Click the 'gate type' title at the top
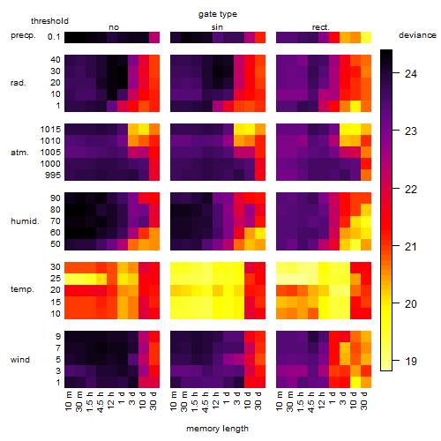tap(218, 14)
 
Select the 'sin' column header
tap(217, 27)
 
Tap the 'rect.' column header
tap(320, 27)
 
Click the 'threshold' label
tap(49, 21)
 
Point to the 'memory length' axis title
tap(217, 429)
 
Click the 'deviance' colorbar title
tap(417, 35)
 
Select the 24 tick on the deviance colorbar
tap(410, 73)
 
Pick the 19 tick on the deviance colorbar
tap(410, 361)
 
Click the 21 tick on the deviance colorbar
tap(410, 246)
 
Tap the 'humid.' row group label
tap(25, 221)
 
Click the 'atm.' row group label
tap(19, 153)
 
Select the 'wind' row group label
tap(20, 360)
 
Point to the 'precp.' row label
tap(23, 35)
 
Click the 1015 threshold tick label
tap(50, 130)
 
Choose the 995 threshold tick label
tap(53, 176)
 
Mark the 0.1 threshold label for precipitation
tap(54, 37)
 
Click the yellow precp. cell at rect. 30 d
tap(366, 38)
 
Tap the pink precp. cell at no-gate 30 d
tap(154, 38)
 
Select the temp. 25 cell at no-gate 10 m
tap(70, 279)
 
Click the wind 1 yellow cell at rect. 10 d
tap(355, 383)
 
